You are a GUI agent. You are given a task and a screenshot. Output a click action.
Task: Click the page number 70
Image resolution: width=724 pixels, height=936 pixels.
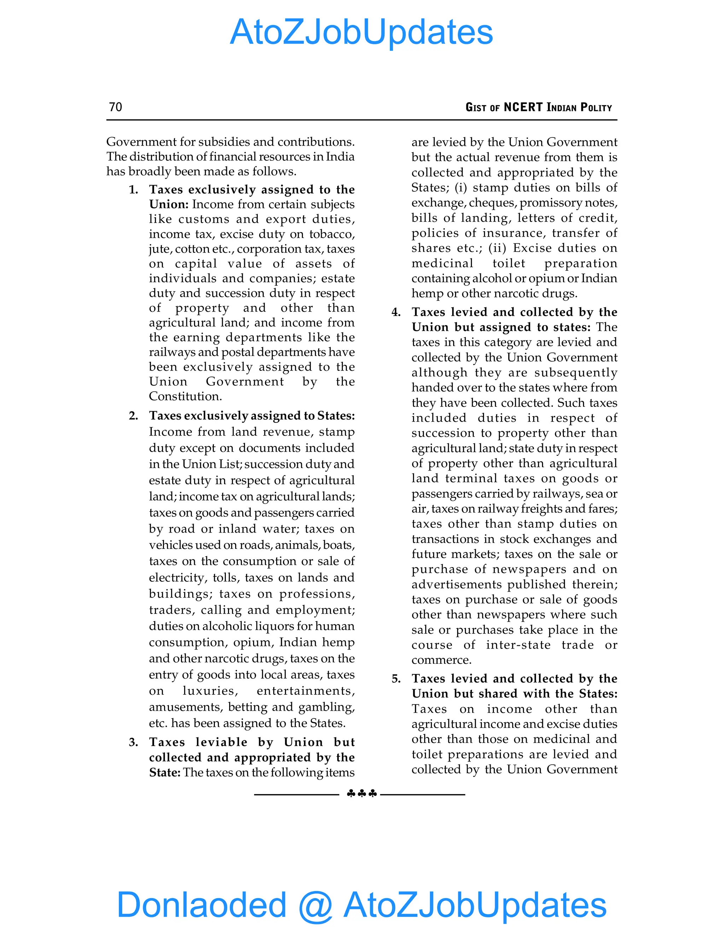pyautogui.click(x=115, y=107)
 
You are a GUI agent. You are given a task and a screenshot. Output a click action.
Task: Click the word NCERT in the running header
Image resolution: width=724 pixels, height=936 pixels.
pyautogui.click(x=523, y=107)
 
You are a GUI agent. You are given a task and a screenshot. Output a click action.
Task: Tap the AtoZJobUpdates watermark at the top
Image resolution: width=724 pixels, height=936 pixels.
pyautogui.click(x=361, y=32)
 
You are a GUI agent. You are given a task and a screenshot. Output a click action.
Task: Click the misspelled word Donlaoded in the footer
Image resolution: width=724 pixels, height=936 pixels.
pyautogui.click(x=201, y=905)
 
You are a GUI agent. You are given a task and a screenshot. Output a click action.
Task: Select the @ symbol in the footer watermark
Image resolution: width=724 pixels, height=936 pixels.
pyautogui.click(x=315, y=906)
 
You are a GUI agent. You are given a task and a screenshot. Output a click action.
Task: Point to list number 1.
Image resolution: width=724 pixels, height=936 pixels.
pyautogui.click(x=133, y=190)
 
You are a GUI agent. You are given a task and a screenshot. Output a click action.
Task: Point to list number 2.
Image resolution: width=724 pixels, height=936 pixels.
pyautogui.click(x=133, y=416)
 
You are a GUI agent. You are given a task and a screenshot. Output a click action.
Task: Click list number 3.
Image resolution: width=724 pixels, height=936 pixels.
pyautogui.click(x=133, y=742)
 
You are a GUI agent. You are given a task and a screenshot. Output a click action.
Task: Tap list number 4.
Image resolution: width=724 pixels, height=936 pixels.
pyautogui.click(x=396, y=312)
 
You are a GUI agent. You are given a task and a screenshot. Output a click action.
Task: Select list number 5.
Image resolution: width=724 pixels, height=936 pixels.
pyautogui.click(x=396, y=679)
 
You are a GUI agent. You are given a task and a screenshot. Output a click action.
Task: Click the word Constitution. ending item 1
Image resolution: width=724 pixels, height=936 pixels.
pyautogui.click(x=185, y=396)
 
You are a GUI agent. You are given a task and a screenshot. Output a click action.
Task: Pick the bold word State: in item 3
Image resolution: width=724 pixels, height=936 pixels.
pyautogui.click(x=165, y=772)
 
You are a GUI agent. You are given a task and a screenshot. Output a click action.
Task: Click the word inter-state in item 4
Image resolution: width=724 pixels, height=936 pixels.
pyautogui.click(x=518, y=645)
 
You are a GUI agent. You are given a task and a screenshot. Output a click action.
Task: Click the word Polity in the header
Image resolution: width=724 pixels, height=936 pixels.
pyautogui.click(x=596, y=107)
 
